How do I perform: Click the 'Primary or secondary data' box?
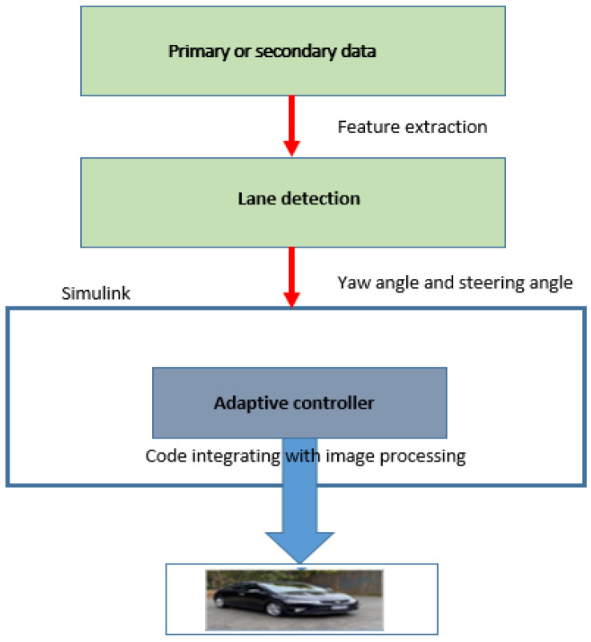pyautogui.click(x=293, y=51)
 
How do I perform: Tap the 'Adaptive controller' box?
pyautogui.click(x=300, y=402)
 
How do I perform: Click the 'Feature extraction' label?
pyautogui.click(x=412, y=127)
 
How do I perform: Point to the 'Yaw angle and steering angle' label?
pyautogui.click(x=456, y=281)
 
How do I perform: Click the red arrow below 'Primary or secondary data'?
pyautogui.click(x=291, y=125)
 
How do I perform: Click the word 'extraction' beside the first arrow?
pyautogui.click(x=448, y=127)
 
